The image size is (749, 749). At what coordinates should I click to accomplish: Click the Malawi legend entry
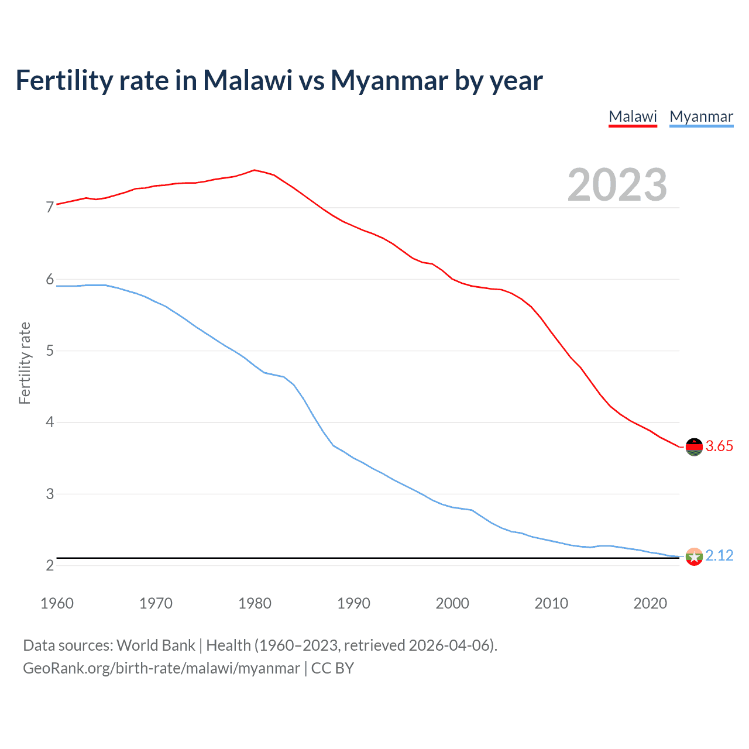click(633, 116)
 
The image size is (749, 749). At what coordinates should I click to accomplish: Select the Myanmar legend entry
click(701, 116)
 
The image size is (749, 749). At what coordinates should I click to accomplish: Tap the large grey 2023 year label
click(617, 185)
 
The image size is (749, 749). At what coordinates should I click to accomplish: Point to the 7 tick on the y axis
click(50, 208)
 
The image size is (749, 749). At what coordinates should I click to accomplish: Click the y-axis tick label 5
click(50, 351)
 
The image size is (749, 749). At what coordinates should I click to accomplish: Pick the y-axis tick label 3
click(50, 494)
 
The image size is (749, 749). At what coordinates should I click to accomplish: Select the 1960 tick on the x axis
click(57, 603)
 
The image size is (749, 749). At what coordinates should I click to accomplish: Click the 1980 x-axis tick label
click(255, 603)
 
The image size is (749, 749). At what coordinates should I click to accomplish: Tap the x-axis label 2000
click(452, 603)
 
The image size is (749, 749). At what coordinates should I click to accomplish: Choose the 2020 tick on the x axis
click(650, 603)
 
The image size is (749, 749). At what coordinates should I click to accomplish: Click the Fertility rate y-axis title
click(25, 363)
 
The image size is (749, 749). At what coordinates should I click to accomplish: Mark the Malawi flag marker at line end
click(694, 446)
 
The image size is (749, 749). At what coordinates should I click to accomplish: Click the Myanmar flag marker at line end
click(694, 556)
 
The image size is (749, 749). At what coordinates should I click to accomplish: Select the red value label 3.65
click(719, 446)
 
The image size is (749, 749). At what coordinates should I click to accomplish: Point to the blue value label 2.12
click(719, 556)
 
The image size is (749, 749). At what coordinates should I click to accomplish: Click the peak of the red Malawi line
click(254, 170)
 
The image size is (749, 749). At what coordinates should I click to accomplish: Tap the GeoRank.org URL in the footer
click(161, 668)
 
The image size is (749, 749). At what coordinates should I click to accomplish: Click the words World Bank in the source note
click(156, 645)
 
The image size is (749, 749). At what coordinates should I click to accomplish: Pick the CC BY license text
click(332, 668)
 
